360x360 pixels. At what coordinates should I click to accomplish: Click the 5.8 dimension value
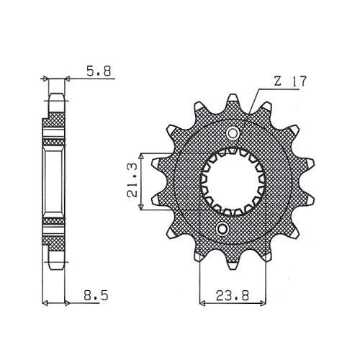pos(99,71)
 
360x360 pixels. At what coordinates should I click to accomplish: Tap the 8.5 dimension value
pos(96,295)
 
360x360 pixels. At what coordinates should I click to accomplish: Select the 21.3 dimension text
pos(132,180)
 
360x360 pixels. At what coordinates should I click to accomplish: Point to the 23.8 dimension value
pos(233,296)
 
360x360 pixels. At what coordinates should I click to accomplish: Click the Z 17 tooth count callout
pos(290,81)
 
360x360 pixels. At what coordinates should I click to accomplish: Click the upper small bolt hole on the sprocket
pos(233,133)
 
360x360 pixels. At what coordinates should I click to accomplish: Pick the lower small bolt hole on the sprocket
pos(222,229)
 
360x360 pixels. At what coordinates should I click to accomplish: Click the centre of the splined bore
pos(233,181)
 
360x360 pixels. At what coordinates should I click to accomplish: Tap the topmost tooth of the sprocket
pos(233,99)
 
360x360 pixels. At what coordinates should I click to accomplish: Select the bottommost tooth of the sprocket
pos(233,264)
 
